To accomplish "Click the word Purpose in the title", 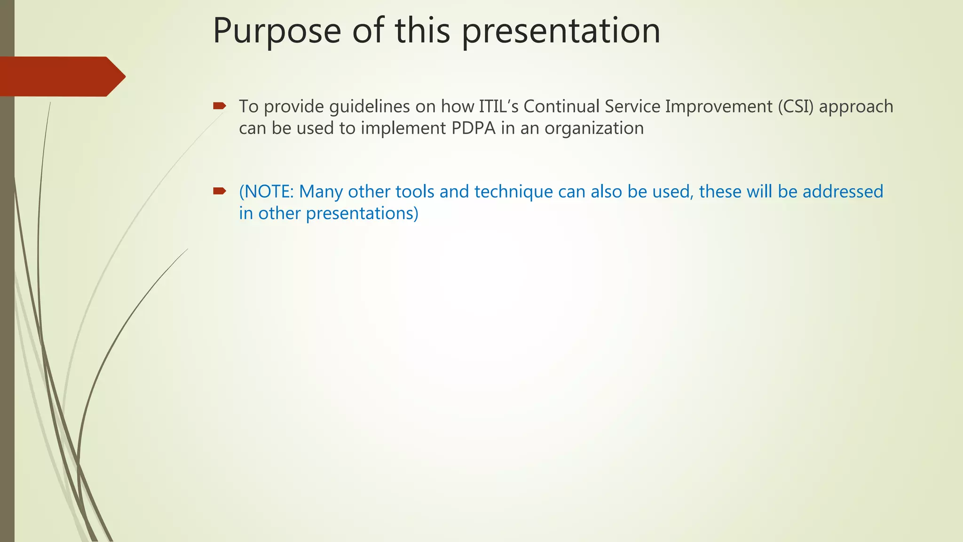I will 276,31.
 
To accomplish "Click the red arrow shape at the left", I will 61,76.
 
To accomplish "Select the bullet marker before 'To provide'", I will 219,106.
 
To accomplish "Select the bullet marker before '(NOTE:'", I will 219,191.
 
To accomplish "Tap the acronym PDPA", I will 474,128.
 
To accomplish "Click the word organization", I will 594,128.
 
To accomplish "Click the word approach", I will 856,107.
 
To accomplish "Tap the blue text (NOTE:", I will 266,192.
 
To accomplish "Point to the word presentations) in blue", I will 362,214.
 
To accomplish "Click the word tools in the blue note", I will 414,192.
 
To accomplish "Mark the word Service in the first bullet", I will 632,107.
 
